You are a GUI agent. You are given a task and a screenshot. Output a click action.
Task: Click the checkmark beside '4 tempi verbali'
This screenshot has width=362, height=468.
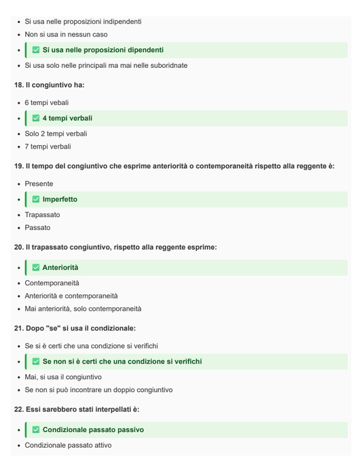tap(36, 118)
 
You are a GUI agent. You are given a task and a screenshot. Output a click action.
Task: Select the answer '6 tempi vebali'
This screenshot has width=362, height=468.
tap(47, 102)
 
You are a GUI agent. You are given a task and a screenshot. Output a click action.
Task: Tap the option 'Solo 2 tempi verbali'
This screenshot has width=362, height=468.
tap(56, 134)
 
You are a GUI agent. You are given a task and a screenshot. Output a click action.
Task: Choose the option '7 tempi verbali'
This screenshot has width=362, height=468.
tap(48, 147)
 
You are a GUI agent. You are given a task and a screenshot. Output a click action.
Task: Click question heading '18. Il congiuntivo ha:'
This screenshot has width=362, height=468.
tap(49, 85)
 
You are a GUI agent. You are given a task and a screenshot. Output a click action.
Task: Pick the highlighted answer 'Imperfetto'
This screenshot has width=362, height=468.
tap(60, 199)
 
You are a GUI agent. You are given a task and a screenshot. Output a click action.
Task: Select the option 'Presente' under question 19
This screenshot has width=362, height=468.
tap(39, 184)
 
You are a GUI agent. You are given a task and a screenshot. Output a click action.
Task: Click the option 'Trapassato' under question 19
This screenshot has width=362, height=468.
tap(42, 215)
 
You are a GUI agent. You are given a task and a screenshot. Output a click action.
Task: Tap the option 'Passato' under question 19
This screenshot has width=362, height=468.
tap(37, 228)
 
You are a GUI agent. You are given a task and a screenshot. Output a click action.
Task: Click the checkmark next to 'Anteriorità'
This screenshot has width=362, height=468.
tap(36, 267)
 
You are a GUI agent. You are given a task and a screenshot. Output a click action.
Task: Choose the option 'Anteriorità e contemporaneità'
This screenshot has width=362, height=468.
tap(71, 296)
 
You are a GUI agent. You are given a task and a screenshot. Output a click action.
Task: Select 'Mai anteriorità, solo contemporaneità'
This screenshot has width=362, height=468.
tap(83, 309)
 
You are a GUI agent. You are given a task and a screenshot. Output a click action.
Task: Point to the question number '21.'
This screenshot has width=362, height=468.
tap(18, 328)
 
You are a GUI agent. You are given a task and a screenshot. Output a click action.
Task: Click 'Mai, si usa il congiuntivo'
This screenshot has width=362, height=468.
tap(63, 377)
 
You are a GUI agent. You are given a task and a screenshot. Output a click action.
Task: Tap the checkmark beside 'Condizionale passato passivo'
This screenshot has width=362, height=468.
tap(36, 429)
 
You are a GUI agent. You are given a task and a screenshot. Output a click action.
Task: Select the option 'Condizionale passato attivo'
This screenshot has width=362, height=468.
tap(68, 446)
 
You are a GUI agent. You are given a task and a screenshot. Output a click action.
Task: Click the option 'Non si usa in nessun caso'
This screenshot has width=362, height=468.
tap(66, 35)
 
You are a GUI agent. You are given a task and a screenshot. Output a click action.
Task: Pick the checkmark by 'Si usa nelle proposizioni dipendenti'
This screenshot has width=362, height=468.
tap(36, 50)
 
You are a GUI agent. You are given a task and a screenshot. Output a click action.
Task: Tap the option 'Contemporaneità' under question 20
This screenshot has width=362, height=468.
tap(52, 283)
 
